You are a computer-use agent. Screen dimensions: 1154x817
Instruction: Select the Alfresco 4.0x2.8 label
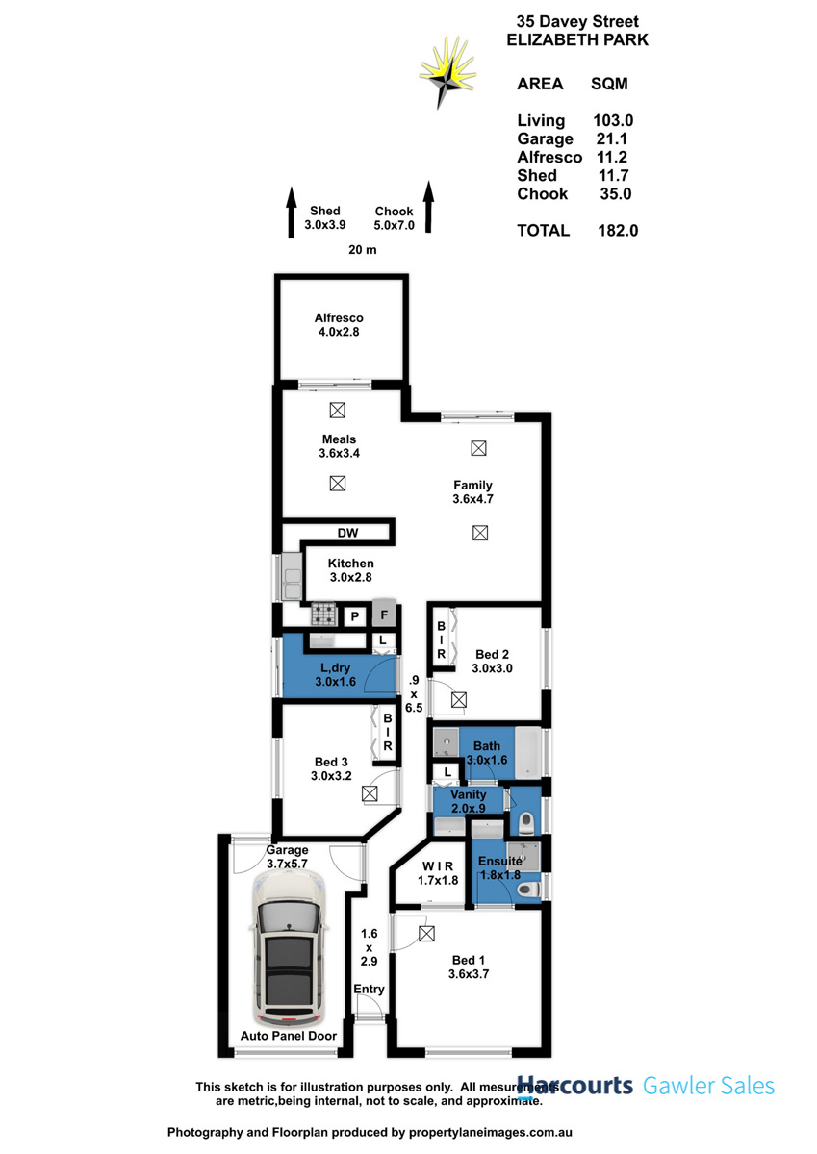(x=339, y=325)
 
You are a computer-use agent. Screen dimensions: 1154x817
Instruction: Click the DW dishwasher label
(x=347, y=533)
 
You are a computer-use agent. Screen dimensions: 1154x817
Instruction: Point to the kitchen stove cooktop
(x=322, y=614)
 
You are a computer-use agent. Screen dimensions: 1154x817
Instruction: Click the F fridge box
(x=384, y=615)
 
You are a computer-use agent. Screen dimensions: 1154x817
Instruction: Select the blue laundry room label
(x=336, y=674)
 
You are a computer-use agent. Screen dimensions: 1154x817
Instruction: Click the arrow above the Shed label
(x=291, y=213)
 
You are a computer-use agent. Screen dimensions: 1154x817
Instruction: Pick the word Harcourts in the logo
(x=575, y=1086)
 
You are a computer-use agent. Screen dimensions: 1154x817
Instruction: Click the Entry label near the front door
(x=370, y=990)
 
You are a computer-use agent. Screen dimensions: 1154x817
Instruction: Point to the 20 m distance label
(x=362, y=250)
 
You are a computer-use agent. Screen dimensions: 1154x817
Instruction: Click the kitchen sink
(x=290, y=579)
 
